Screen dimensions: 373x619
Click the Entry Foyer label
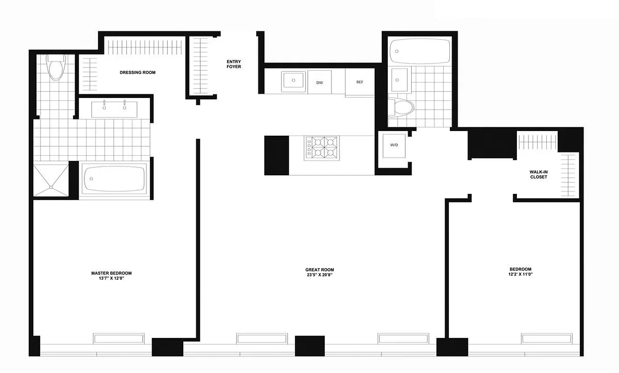(x=234, y=64)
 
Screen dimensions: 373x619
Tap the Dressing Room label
(x=138, y=73)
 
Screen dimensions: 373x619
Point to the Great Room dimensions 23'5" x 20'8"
(x=319, y=275)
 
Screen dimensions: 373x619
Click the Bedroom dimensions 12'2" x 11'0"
(x=520, y=275)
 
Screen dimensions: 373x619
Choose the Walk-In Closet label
(x=538, y=174)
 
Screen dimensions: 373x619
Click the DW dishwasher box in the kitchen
(x=319, y=82)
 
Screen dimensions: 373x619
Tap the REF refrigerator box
(x=359, y=83)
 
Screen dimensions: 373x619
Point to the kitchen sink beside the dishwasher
(x=293, y=81)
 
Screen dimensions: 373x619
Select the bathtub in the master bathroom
(x=115, y=179)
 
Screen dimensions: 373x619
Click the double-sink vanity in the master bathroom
(x=115, y=108)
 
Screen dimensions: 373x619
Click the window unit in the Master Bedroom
(x=118, y=338)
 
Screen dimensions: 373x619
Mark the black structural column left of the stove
(x=276, y=155)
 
